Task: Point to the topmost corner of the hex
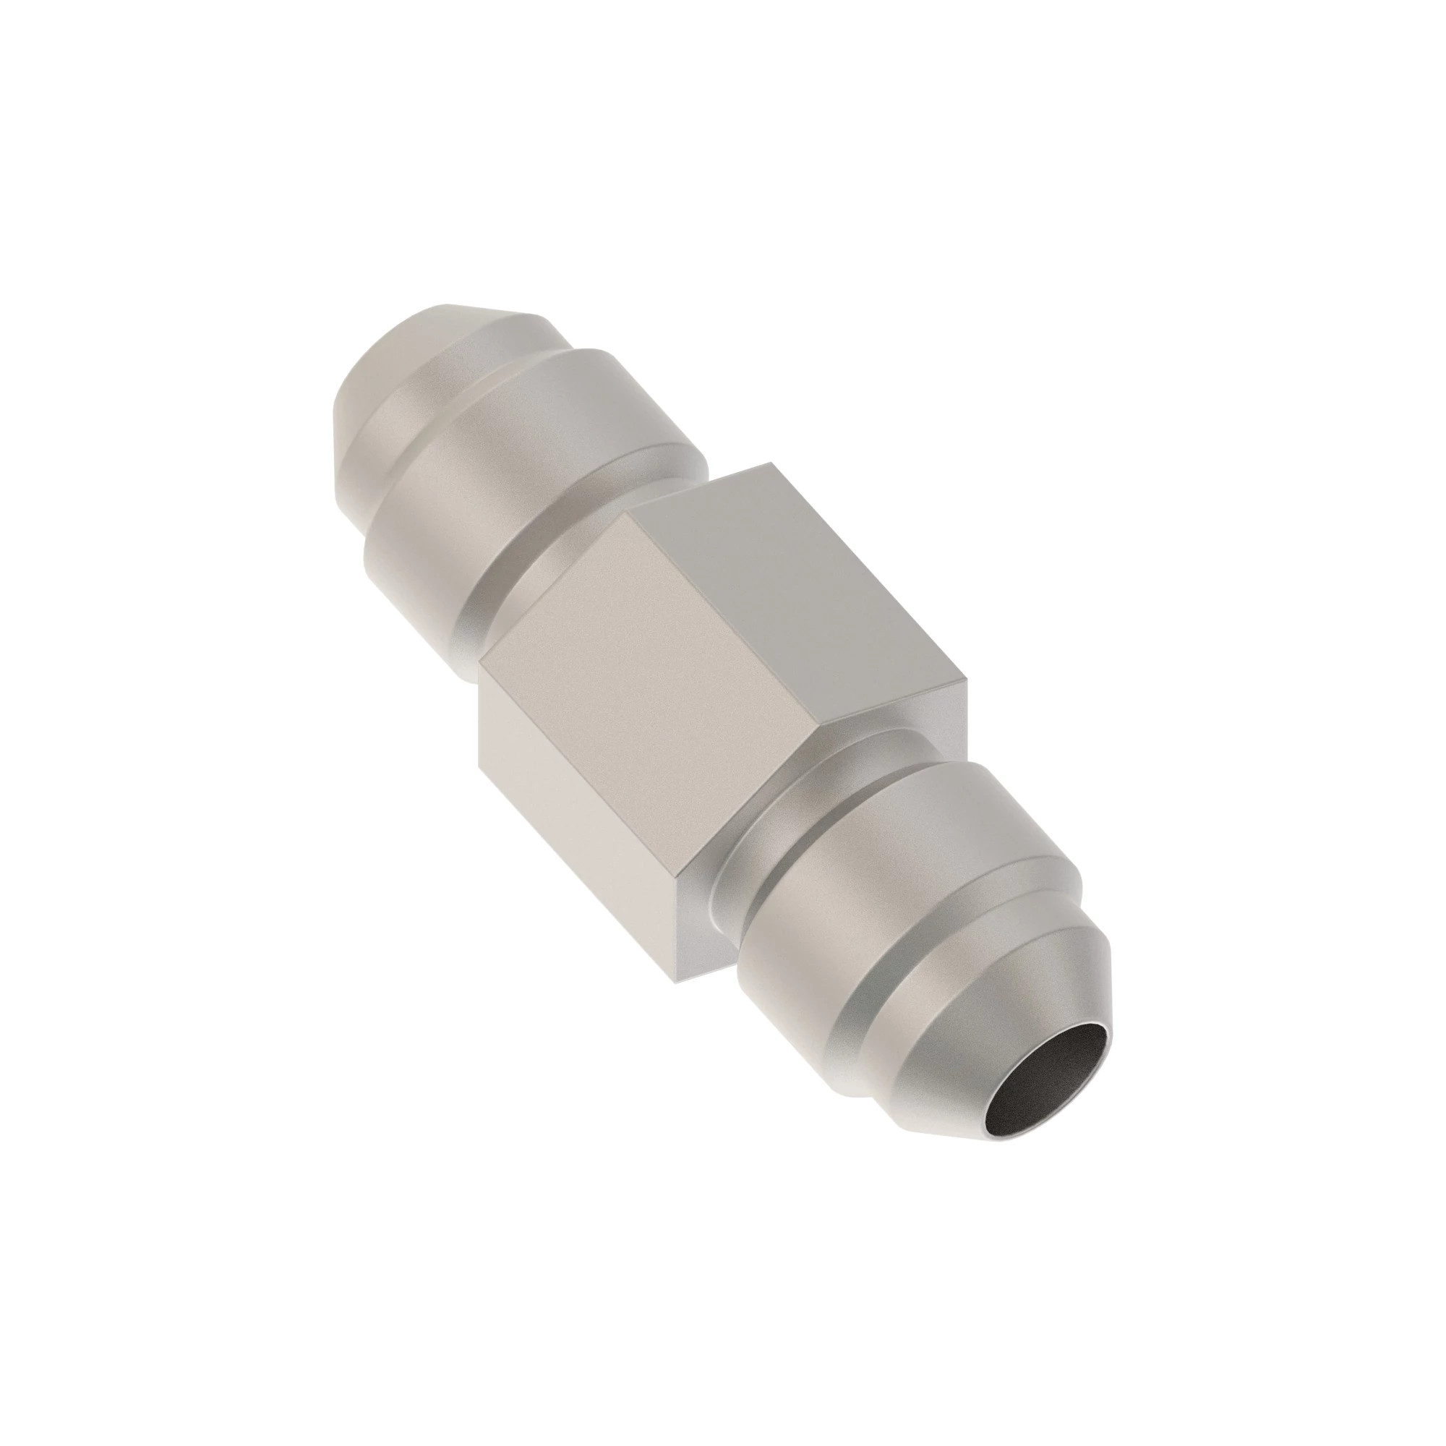771,464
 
